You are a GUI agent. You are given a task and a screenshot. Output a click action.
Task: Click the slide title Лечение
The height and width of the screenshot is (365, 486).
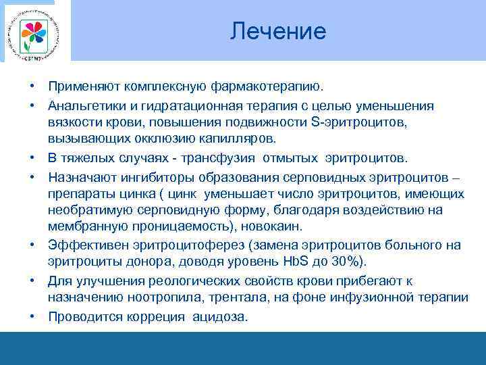(x=277, y=31)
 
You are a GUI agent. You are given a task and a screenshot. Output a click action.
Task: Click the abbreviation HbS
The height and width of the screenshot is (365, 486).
(x=315, y=261)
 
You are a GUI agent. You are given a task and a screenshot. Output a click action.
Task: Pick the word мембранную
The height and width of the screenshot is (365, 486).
(x=85, y=226)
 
